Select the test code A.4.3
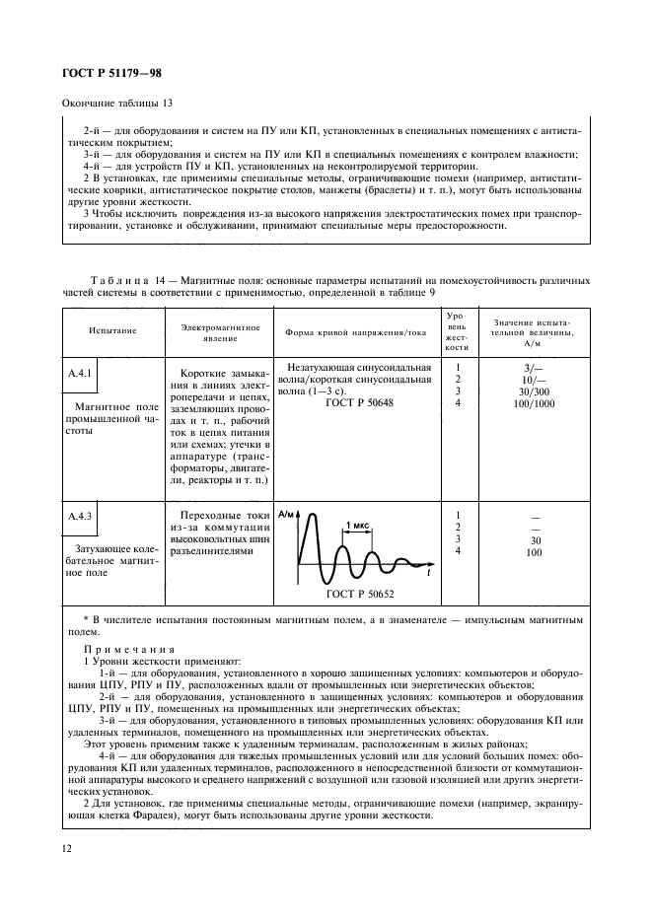coord(80,515)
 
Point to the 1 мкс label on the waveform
coord(356,526)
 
